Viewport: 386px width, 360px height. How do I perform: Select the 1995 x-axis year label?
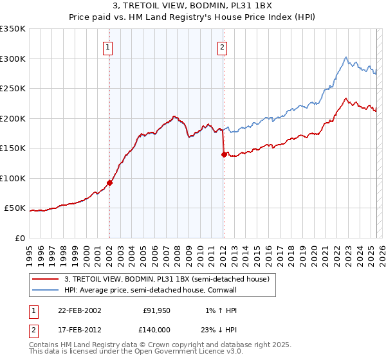click(29, 250)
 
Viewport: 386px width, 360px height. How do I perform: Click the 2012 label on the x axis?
click(223, 250)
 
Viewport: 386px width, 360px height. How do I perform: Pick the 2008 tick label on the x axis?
click(177, 250)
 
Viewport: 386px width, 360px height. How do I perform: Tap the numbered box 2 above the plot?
click(222, 46)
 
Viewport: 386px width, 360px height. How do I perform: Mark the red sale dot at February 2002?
click(109, 183)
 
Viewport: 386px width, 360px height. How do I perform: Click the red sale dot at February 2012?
click(223, 154)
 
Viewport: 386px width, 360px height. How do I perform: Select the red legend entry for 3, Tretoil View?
click(170, 279)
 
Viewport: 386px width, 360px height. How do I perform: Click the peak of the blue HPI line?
click(346, 57)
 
